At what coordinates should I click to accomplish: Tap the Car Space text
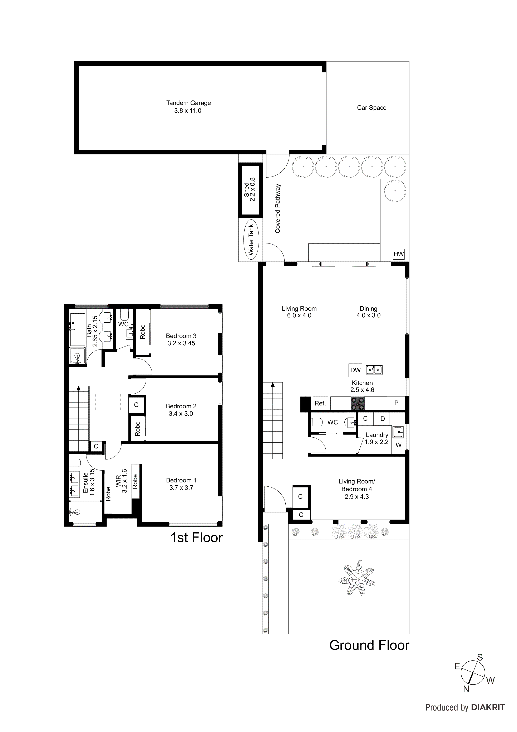371,108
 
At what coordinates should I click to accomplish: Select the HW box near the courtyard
398,254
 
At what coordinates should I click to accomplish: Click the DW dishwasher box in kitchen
355,370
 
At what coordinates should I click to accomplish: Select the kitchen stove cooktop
358,403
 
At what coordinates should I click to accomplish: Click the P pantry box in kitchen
396,403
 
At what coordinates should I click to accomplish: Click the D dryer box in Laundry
383,419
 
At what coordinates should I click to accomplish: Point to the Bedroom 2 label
181,406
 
